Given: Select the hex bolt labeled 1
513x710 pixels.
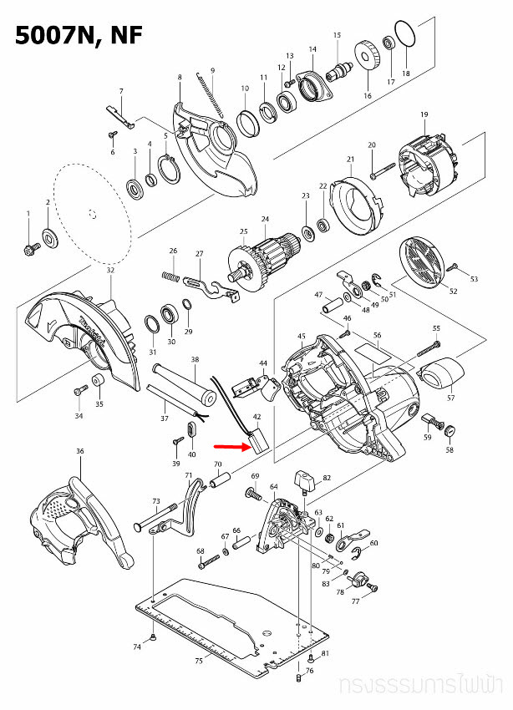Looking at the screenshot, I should click(29, 247).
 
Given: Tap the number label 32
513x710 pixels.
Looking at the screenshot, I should click(110, 271).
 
